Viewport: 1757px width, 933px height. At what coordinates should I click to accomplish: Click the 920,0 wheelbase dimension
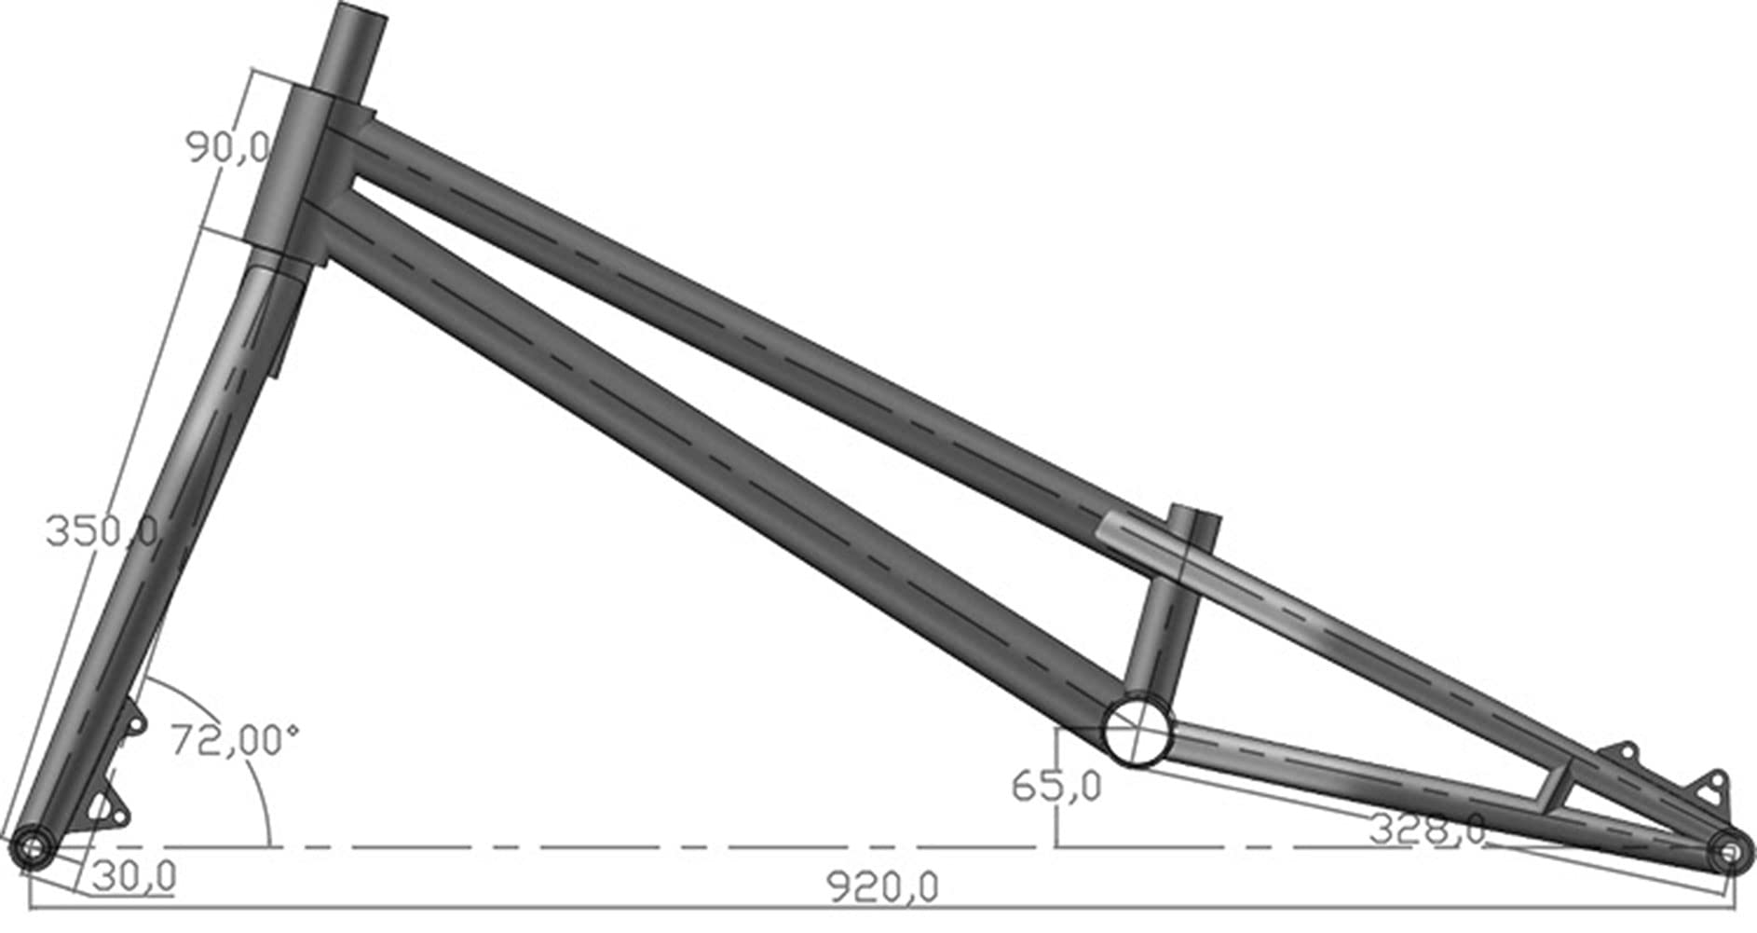(883, 886)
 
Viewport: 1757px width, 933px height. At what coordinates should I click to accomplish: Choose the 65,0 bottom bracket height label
(1056, 786)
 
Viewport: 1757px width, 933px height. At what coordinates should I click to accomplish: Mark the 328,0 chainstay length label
(1427, 829)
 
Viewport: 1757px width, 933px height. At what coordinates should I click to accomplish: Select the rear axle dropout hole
(1728, 852)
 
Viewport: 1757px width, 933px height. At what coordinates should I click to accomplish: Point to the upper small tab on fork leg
(134, 723)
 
